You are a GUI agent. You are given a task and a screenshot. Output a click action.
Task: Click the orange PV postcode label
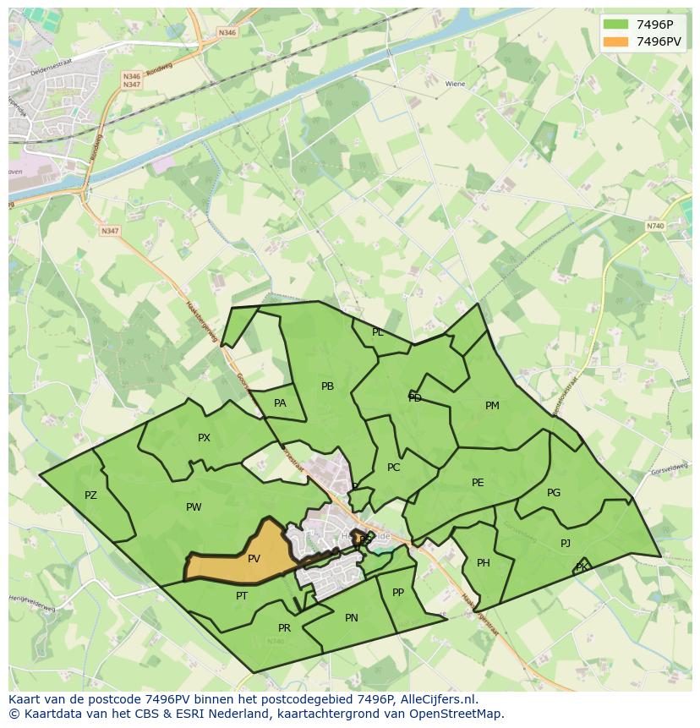(x=254, y=559)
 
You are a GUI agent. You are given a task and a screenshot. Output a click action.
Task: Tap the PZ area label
(x=90, y=495)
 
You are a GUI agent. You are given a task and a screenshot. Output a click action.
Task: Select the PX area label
(x=204, y=438)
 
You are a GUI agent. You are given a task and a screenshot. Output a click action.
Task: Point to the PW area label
(x=194, y=507)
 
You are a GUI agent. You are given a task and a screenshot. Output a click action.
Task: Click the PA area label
(x=280, y=403)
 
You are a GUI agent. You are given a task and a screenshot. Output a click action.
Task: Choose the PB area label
(x=327, y=386)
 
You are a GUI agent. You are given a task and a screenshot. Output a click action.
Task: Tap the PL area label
(x=378, y=332)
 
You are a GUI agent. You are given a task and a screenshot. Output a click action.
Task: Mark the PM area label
(x=492, y=406)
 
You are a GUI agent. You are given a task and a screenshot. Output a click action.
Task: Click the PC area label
(x=393, y=468)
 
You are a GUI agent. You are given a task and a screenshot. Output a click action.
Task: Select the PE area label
(x=478, y=483)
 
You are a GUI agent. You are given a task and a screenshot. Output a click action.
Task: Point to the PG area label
(x=554, y=493)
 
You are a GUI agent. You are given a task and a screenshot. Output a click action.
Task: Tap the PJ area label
(x=566, y=544)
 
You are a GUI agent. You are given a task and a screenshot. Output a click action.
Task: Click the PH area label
(x=484, y=563)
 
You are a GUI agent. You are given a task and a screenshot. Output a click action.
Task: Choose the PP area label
(x=398, y=593)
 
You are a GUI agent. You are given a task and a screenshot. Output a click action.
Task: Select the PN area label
(x=352, y=618)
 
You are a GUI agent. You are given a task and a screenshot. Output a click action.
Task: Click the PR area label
(x=284, y=628)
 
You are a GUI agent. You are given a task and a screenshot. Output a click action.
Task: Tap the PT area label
(x=242, y=596)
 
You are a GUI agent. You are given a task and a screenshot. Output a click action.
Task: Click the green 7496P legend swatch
(x=615, y=25)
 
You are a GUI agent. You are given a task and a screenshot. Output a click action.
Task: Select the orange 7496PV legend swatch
(x=615, y=41)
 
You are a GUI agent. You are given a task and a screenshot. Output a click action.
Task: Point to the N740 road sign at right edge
(x=654, y=226)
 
